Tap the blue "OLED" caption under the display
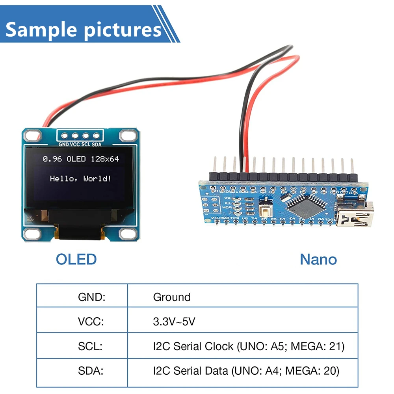76,259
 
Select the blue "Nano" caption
318,259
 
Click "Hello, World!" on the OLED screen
80,178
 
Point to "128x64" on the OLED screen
104,159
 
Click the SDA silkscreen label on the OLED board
97,145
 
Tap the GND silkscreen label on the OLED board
64,145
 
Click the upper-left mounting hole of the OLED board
30,136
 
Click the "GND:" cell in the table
92,297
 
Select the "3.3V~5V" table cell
174,322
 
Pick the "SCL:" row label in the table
90,346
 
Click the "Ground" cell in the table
172,297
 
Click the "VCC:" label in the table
91,322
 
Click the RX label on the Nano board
227,198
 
